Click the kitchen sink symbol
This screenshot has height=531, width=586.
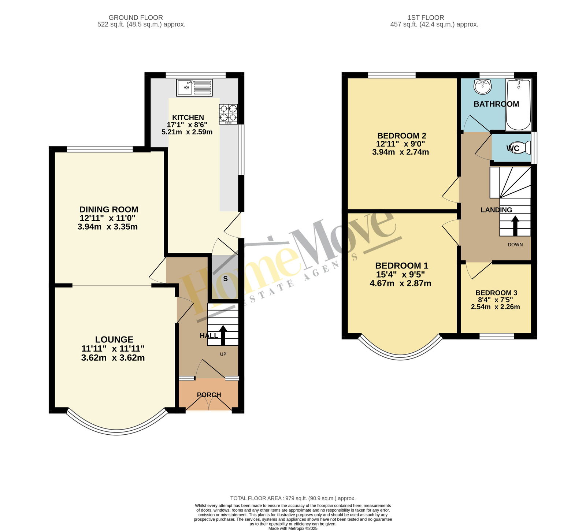point(194,88)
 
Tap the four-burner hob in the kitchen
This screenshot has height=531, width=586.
point(229,114)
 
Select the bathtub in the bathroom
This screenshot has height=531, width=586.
point(518,105)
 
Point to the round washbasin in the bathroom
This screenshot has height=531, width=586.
point(483,86)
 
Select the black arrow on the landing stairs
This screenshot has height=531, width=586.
point(515,226)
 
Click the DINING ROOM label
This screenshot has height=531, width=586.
point(109,209)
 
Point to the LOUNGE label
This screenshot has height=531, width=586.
point(114,339)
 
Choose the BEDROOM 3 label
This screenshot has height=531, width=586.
point(496,293)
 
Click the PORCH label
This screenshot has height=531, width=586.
point(209,395)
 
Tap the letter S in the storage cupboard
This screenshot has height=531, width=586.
point(225,279)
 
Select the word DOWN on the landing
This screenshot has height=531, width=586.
point(515,245)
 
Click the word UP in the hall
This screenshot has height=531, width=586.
point(223,354)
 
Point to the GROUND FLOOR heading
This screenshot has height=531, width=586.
point(136,17)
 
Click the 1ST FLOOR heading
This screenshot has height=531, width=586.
point(426,17)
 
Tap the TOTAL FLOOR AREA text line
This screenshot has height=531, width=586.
point(293,498)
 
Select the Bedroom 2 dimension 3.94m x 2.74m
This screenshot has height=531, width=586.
point(401,152)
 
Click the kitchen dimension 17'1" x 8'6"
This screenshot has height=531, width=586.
point(187,125)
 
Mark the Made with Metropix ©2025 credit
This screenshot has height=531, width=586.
point(293,528)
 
